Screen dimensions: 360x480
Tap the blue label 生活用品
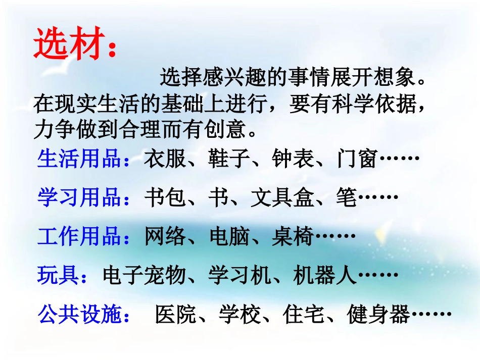pos(79,160)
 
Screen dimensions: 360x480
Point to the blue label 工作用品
pos(79,236)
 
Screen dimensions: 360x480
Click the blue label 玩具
pos(58,275)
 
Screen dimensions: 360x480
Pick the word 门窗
pos(356,160)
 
